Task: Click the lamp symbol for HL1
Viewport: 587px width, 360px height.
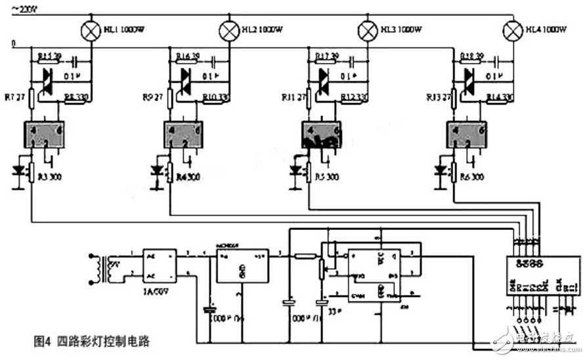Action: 89,30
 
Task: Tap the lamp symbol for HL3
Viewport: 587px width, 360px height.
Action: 365,30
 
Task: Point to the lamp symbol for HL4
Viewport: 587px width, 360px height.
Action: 511,30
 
